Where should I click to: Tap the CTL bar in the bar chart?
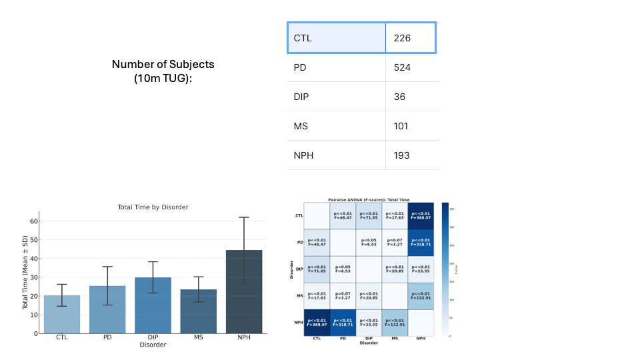[62, 314]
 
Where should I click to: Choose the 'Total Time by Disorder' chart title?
[153, 207]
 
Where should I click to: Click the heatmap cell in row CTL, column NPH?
[421, 216]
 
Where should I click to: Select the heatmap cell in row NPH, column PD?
[343, 323]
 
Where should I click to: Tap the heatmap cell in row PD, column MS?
[395, 243]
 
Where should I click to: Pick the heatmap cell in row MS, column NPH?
[421, 296]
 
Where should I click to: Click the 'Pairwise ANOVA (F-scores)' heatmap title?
[369, 199]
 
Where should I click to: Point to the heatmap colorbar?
[445, 269]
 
